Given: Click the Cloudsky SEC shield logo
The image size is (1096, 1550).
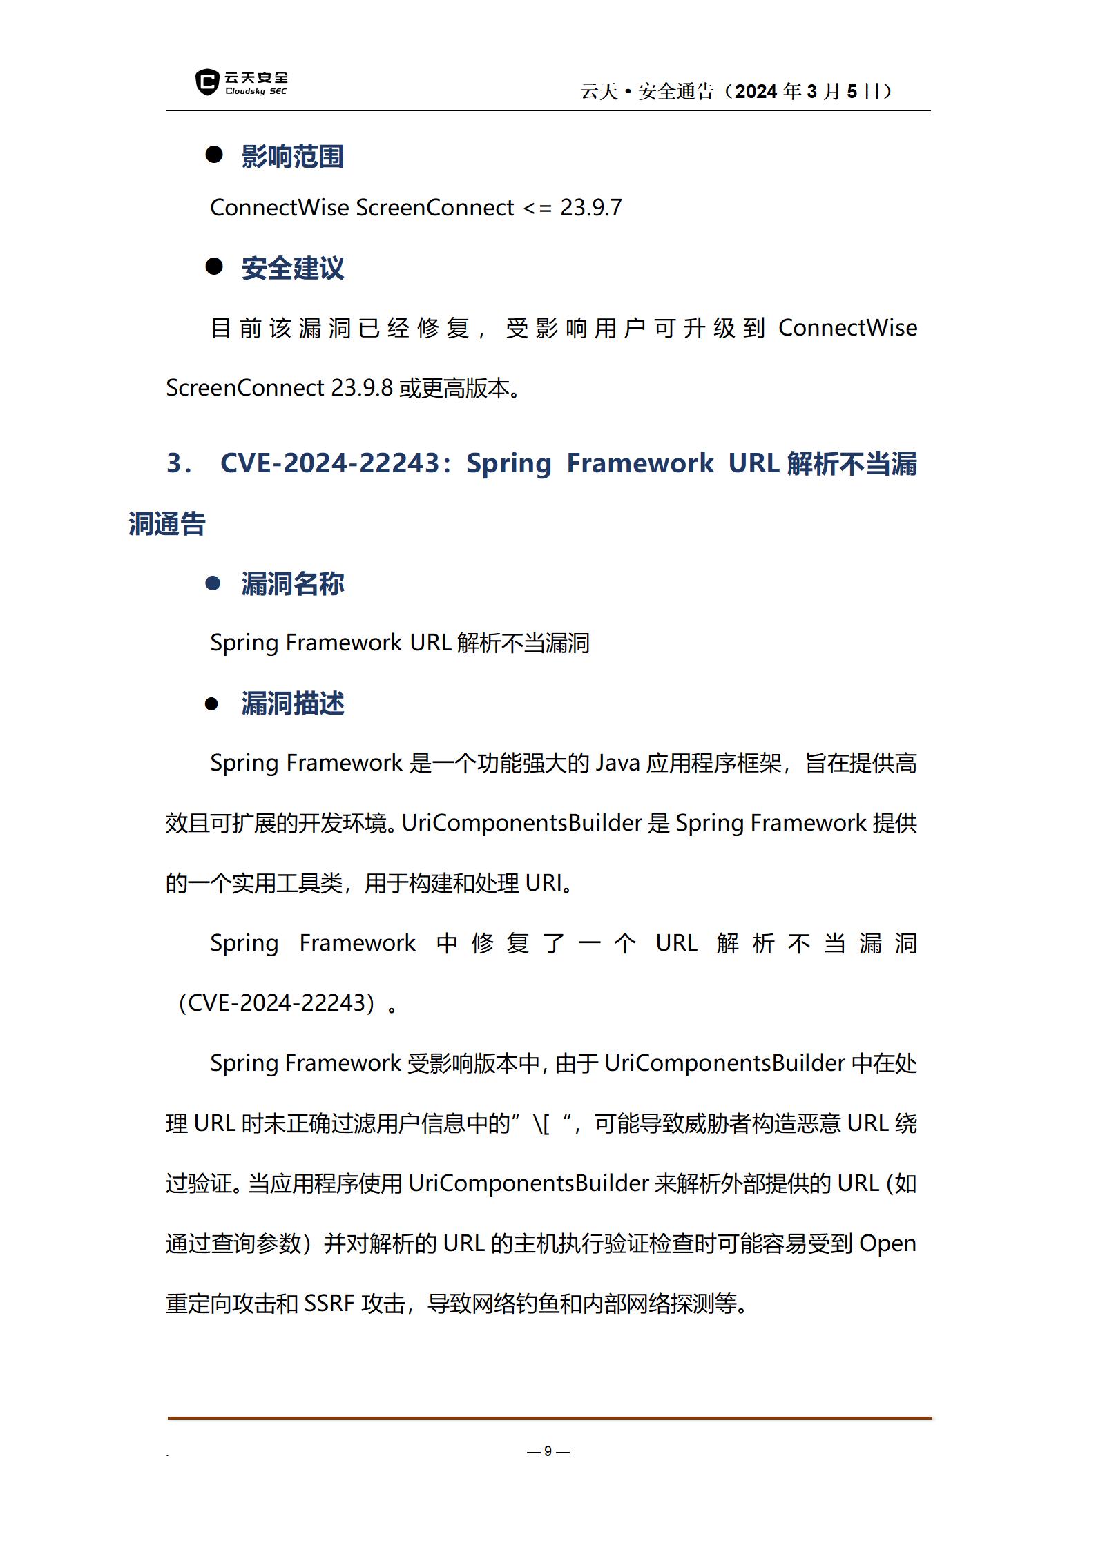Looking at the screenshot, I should (206, 82).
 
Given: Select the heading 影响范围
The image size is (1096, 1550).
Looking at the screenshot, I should (292, 157).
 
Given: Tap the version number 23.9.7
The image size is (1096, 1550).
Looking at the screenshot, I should (590, 208).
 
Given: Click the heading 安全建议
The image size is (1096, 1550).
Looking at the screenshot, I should (292, 269).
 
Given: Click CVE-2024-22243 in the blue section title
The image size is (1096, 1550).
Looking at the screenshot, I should (330, 463).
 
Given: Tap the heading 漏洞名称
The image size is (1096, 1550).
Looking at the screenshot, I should (292, 584).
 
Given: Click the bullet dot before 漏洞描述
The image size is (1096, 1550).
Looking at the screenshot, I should (212, 704).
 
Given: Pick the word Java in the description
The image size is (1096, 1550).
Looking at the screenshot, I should (617, 763).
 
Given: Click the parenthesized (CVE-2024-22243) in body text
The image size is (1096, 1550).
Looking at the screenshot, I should (276, 1002).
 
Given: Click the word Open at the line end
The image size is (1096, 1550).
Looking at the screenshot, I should (887, 1243).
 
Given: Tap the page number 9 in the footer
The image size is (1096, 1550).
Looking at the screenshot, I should (548, 1451).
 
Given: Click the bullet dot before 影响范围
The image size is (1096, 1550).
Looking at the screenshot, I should (214, 155).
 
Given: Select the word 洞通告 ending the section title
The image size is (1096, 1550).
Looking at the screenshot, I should (167, 524).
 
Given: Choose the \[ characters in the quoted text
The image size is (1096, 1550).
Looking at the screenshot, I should (541, 1123).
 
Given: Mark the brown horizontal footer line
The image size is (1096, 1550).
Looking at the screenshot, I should (549, 1418).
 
